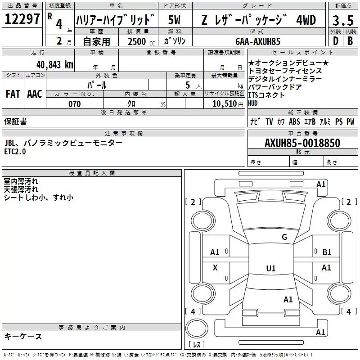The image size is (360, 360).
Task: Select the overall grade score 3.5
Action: point(343,21)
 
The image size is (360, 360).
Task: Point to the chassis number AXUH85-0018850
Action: point(302,143)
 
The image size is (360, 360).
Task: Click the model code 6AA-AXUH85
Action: point(258,41)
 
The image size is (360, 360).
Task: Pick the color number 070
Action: point(74,104)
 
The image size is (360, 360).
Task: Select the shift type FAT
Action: point(13,94)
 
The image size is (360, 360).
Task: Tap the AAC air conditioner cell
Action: point(34,94)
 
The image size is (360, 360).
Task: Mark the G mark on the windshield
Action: point(284,237)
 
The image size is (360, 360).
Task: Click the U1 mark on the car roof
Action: point(270,269)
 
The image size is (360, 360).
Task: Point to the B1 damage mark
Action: point(327,252)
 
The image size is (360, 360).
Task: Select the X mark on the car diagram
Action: point(215,268)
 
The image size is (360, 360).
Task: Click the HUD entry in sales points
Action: point(253,103)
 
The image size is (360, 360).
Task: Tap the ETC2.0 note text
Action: point(15,152)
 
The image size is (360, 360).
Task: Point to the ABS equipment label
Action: point(295,121)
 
